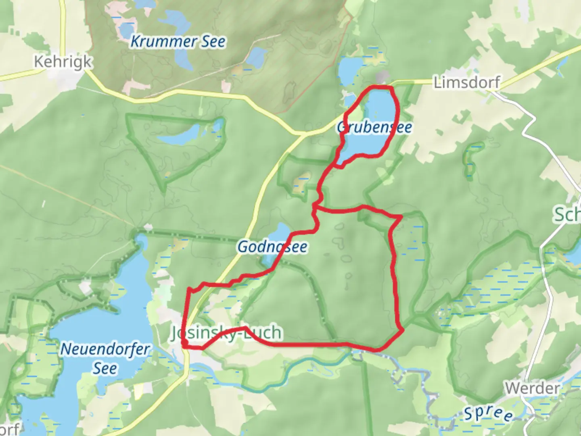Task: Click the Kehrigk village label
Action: pyautogui.click(x=63, y=62)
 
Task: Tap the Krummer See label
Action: pyautogui.click(x=178, y=42)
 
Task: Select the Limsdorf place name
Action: pyautogui.click(x=467, y=83)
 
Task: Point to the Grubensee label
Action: pyautogui.click(x=374, y=128)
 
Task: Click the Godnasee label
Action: pyautogui.click(x=272, y=247)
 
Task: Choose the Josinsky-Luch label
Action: pyautogui.click(x=226, y=333)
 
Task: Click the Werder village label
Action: pyautogui.click(x=532, y=388)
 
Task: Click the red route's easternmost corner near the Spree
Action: pyautogui.click(x=403, y=331)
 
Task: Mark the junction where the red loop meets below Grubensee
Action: pyautogui.click(x=315, y=208)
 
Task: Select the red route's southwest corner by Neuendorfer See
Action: pyautogui.click(x=184, y=344)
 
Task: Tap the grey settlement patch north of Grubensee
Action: pyautogui.click(x=382, y=77)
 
